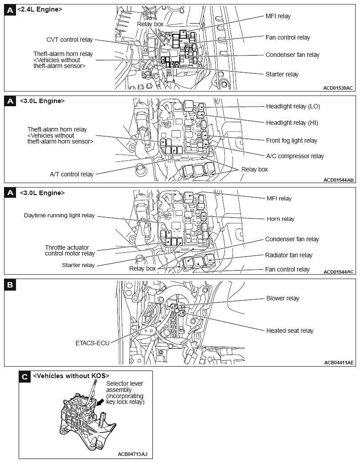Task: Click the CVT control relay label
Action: (69, 40)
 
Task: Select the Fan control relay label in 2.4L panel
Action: (288, 37)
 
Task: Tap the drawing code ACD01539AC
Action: (338, 88)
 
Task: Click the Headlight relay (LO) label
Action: (293, 106)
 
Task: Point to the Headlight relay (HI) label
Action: (292, 123)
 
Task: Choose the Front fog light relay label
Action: (292, 140)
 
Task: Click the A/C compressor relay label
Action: (295, 156)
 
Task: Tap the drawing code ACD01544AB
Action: (338, 180)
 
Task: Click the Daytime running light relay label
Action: (59, 216)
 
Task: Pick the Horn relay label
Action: (280, 219)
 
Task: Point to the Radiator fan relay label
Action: (288, 255)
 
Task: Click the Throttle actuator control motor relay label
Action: (70, 251)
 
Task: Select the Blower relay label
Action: (283, 298)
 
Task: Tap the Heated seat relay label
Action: (290, 331)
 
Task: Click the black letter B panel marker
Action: (10, 285)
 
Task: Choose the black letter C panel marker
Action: (25, 377)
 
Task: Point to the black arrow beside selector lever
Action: (102, 403)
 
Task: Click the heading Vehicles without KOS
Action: (71, 376)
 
